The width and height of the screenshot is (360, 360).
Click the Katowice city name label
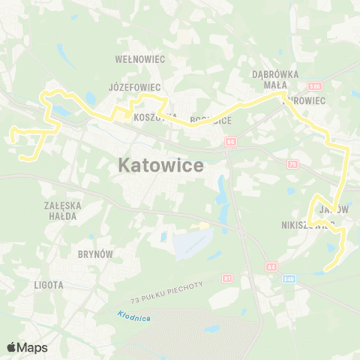point(161,166)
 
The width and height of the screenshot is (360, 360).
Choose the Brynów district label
point(95,254)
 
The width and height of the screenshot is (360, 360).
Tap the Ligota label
point(49,285)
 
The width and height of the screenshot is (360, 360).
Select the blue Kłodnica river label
point(134,316)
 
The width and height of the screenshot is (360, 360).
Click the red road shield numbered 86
point(230,141)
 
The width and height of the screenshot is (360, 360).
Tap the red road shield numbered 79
point(292,164)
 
